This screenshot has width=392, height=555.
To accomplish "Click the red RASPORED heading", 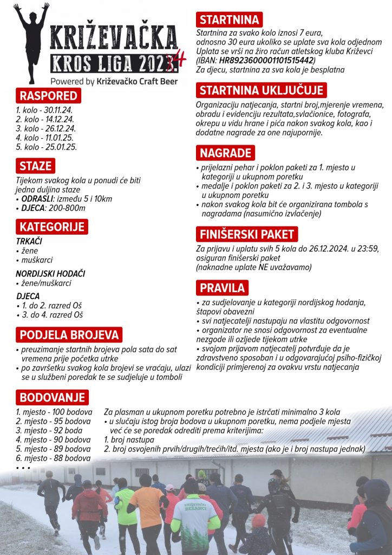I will click(48, 96).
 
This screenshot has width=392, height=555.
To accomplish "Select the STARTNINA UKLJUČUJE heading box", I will click(261, 90).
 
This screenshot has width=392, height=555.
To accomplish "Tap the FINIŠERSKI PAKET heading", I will click(246, 234).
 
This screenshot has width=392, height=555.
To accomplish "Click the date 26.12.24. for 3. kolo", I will click(60, 128).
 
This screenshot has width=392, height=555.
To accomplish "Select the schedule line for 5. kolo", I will click(46, 147).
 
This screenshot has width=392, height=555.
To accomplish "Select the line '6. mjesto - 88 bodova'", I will click(53, 458).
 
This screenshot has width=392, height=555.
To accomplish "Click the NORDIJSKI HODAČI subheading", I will click(50, 274).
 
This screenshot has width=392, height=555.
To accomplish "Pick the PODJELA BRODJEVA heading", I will click(68, 334).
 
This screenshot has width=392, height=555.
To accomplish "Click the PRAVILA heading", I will click(223, 287).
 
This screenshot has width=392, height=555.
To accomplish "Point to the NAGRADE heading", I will click(225, 153).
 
